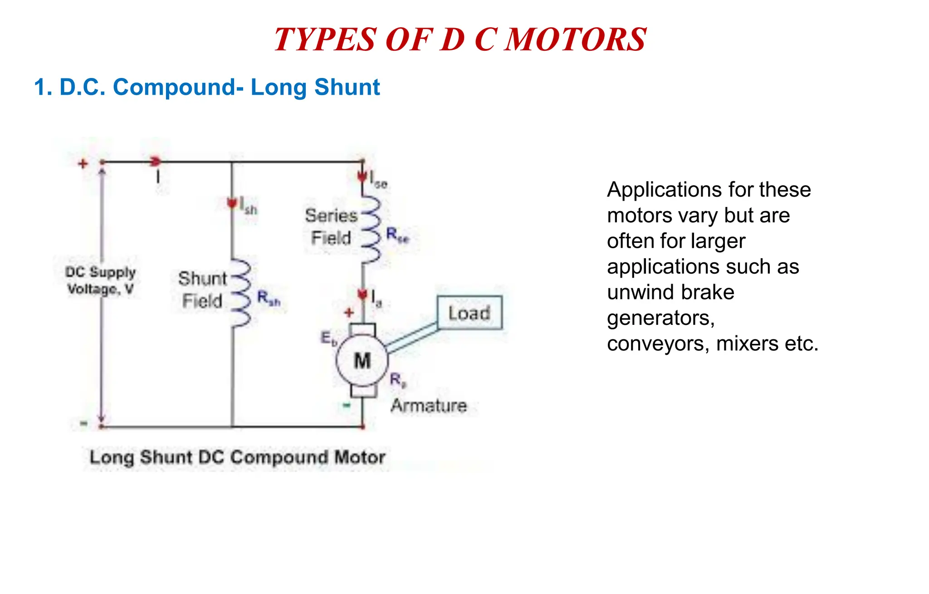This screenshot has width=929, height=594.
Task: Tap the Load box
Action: pos(469,313)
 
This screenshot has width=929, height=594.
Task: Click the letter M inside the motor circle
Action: pos(362,361)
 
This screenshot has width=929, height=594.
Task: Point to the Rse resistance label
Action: pos(397,235)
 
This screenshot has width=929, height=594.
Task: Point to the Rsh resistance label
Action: pos(269,298)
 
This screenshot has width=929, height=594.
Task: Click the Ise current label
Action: pos(378,180)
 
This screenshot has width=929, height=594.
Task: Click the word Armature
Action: pos(429,406)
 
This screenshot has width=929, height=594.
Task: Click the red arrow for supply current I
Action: pos(156,161)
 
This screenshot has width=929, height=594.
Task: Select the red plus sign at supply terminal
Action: pos(83,164)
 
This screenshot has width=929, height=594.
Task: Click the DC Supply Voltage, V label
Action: pos(100,280)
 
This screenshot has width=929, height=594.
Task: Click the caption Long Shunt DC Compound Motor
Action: pos(237,457)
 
